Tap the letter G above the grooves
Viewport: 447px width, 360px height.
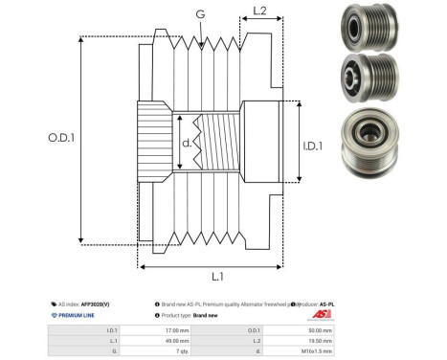click(x=199, y=14)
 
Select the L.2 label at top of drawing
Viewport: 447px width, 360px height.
click(x=259, y=12)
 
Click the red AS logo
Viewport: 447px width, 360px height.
click(x=320, y=315)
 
